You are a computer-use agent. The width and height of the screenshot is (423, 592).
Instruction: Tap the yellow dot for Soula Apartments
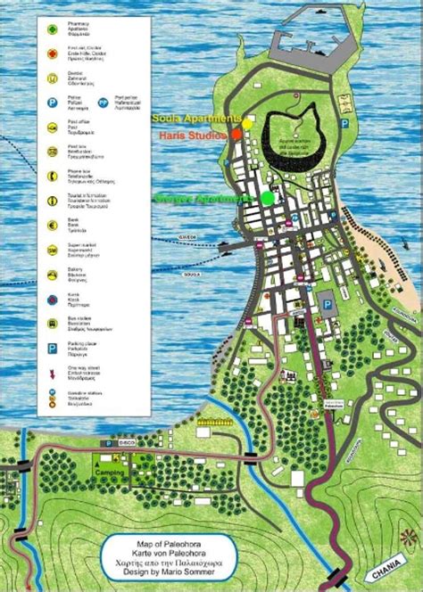247,119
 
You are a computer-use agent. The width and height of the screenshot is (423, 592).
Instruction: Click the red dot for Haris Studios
236,134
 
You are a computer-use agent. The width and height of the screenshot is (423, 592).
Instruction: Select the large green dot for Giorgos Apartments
267,198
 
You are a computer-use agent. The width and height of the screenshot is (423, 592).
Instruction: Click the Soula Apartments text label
196,118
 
